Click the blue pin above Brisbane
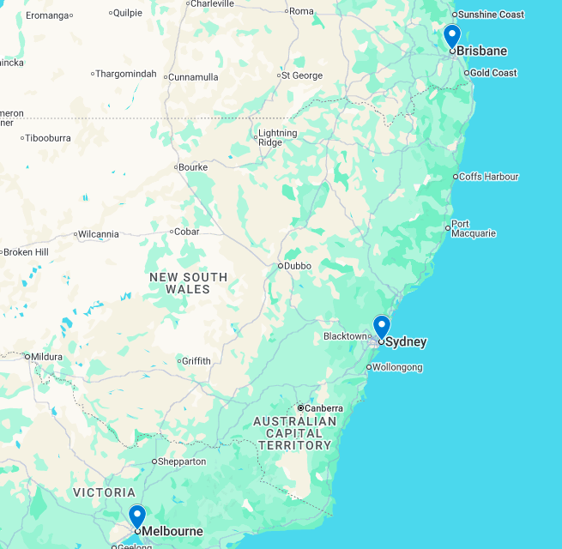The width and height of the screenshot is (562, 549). [x=452, y=37]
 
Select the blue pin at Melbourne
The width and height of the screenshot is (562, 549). [x=137, y=516]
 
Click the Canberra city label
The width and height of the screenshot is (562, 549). [x=324, y=408]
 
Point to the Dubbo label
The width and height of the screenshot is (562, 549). [x=298, y=266]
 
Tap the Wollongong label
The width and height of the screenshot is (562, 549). [x=398, y=367]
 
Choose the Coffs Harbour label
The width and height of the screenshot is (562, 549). [x=488, y=177]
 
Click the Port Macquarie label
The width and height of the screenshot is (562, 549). [x=473, y=229]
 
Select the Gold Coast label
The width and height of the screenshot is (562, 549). [x=493, y=73]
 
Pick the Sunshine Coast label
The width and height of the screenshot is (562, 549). [x=491, y=15]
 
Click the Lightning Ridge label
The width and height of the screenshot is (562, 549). [x=278, y=137]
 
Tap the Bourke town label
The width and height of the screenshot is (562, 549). [x=193, y=167]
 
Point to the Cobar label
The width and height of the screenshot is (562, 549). [x=186, y=232]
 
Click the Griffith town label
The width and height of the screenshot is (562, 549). [x=196, y=361]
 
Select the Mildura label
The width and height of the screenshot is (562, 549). [x=45, y=357]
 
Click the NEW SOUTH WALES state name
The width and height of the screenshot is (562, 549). [x=189, y=283]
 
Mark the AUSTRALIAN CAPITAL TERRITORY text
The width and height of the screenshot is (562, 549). [x=295, y=433]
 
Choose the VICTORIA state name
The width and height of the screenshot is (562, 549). [x=105, y=492]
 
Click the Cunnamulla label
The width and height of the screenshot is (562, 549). [x=193, y=76]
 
